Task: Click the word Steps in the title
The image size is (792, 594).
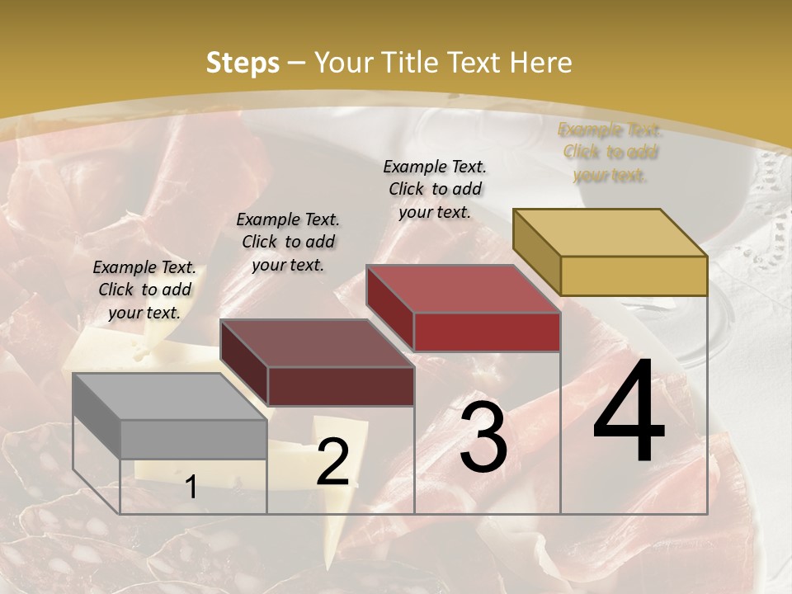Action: (243, 63)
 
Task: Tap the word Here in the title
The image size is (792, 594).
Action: (540, 63)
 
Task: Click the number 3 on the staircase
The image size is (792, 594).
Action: (483, 437)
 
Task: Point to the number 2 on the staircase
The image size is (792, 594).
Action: (332, 462)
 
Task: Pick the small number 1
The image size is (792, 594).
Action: (191, 488)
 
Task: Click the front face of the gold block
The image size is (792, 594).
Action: (634, 276)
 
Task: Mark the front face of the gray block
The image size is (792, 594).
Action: (193, 439)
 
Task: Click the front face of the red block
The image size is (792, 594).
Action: (487, 332)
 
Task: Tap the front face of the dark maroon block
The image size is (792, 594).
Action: (340, 386)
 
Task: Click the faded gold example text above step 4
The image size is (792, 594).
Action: (610, 152)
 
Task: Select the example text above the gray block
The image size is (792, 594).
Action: (144, 290)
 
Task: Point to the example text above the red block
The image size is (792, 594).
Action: (435, 189)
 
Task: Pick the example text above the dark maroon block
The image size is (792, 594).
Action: (288, 242)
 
